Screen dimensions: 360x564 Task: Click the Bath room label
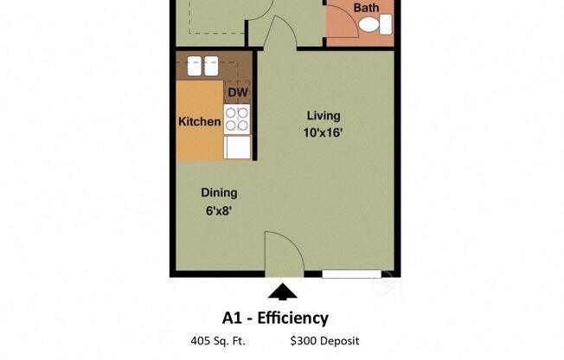click(367, 8)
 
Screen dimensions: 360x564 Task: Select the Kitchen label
click(199, 122)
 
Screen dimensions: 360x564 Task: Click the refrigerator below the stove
click(237, 147)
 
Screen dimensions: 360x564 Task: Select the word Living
click(324, 115)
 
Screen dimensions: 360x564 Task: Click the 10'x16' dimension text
click(324, 132)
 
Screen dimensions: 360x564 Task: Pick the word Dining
click(219, 193)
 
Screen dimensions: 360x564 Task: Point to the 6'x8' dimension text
click(219, 210)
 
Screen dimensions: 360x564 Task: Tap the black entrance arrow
click(282, 292)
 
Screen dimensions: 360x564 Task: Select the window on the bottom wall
click(351, 274)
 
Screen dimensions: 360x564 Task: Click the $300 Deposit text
click(325, 342)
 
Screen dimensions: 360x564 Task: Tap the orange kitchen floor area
click(199, 143)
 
